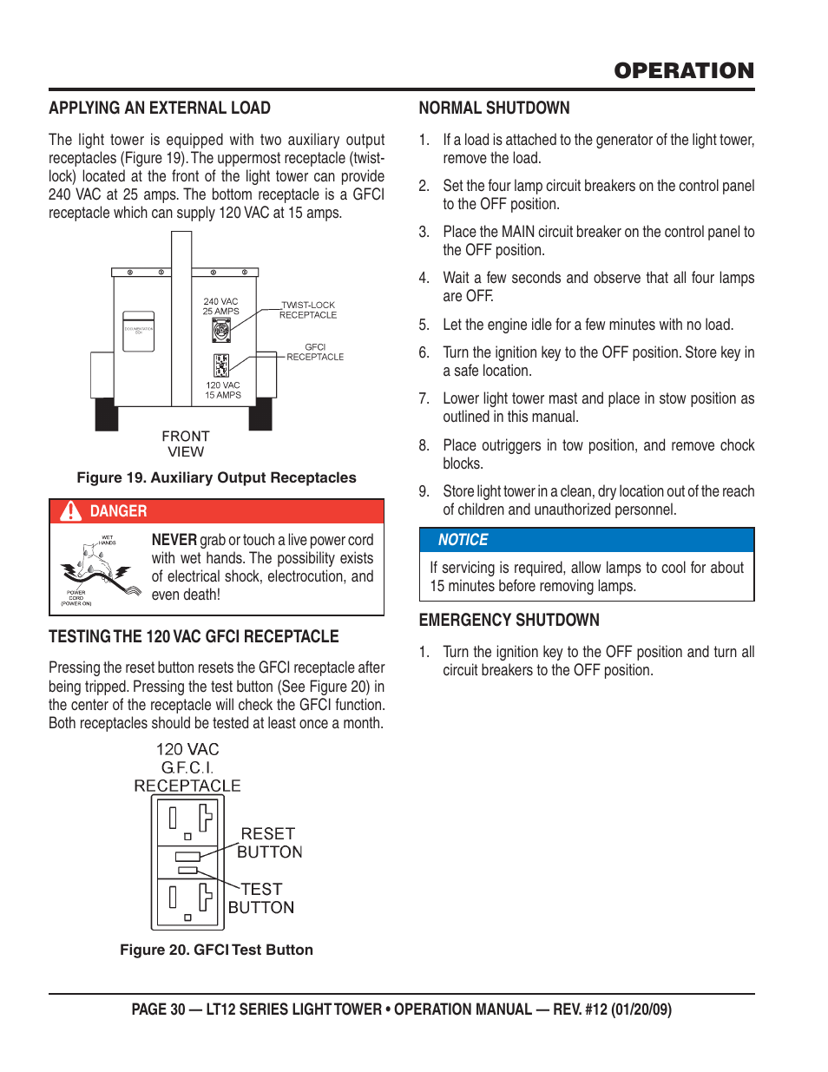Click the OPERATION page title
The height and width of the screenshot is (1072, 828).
684,71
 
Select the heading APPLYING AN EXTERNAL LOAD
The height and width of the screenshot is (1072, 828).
160,109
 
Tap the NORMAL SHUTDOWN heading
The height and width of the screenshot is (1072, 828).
494,109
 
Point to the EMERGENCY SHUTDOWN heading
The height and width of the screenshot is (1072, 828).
509,621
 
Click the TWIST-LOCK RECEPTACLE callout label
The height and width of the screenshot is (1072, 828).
308,310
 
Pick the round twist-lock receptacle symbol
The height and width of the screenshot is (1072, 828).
221,330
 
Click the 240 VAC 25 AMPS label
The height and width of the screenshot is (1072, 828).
220,306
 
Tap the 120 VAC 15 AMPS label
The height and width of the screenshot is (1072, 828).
223,390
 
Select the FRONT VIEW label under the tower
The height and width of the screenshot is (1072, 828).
186,444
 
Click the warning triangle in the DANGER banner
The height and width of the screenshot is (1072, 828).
70,511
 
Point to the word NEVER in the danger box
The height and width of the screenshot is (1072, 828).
174,540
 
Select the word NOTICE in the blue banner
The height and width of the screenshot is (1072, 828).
463,540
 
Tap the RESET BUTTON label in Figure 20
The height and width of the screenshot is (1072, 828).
269,843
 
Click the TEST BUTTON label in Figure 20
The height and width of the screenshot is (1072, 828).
261,898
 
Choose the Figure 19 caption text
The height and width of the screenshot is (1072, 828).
216,477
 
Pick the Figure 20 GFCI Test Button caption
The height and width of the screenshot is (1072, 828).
216,950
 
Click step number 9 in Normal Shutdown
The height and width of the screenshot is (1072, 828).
424,491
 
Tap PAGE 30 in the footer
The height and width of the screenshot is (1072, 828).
158,1010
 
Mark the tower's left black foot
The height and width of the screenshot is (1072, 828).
107,414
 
